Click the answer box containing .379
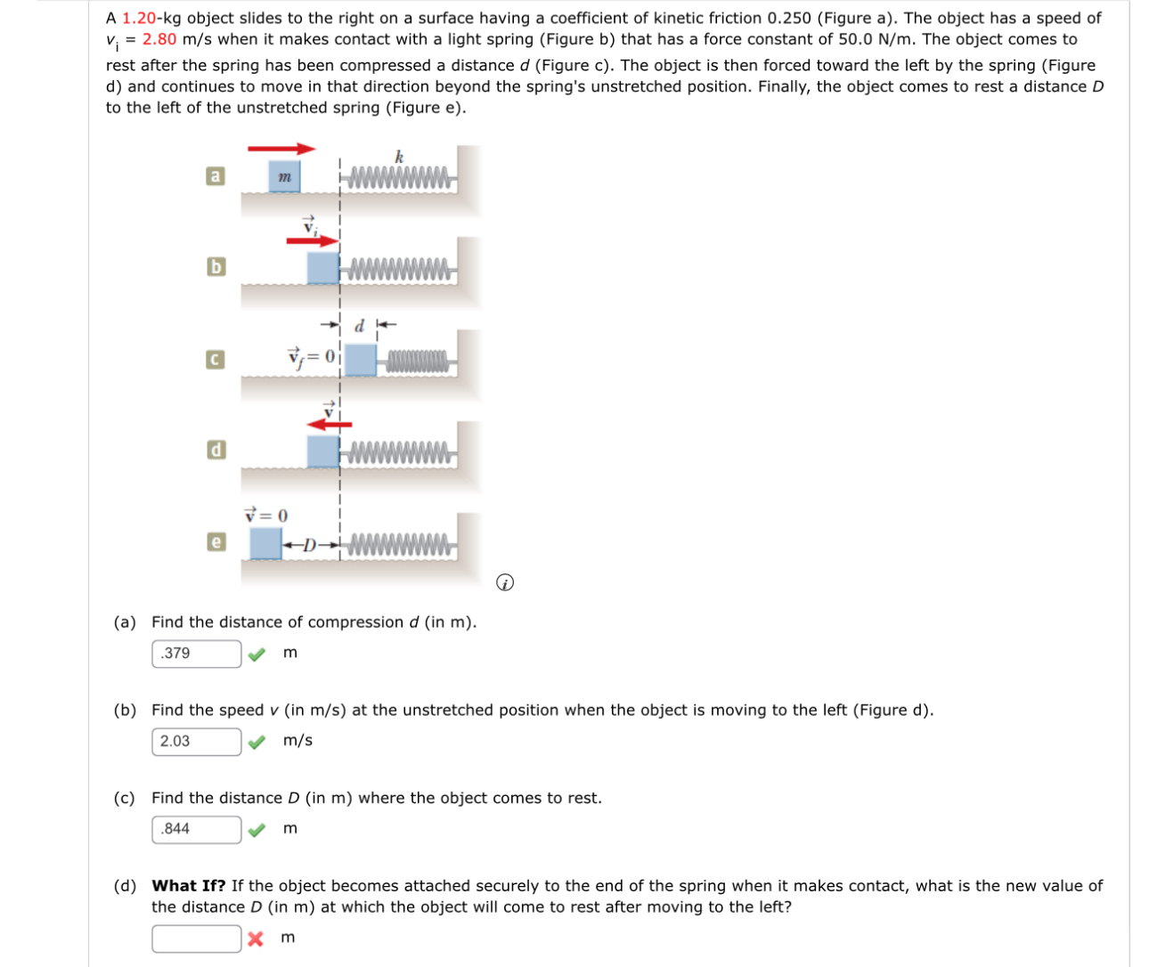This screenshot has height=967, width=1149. [196, 654]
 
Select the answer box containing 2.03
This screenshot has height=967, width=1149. [196, 741]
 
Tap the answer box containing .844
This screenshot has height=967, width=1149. [196, 829]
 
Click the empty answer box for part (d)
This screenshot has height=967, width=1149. [196, 939]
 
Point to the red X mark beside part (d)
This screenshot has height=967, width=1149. [256, 939]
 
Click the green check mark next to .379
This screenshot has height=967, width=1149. [257, 654]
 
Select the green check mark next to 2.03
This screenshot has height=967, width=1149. [257, 742]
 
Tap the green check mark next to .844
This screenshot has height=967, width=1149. [257, 830]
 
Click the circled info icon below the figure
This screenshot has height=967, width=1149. [505, 583]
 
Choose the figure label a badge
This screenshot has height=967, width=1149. [215, 176]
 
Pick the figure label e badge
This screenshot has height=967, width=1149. [215, 541]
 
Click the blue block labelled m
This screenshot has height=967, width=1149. [284, 176]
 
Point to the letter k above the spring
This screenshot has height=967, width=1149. [399, 157]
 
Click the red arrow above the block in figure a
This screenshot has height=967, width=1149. [281, 149]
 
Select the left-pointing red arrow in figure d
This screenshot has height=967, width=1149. [329, 424]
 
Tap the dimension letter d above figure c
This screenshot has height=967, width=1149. [359, 326]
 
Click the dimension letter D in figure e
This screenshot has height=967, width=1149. [309, 544]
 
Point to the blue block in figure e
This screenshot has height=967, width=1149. [265, 543]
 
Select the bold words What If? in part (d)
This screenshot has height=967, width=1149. [188, 886]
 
